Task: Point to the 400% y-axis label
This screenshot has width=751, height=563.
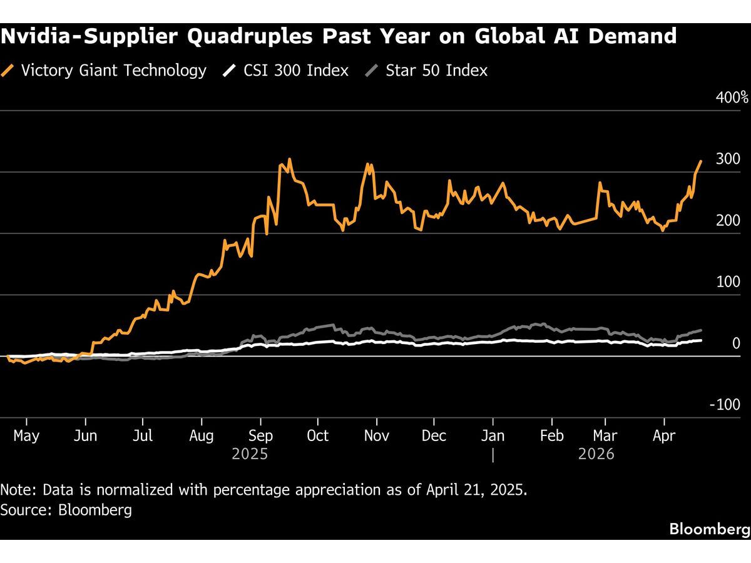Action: pyautogui.click(x=732, y=98)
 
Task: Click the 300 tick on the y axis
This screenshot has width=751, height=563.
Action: pyautogui.click(x=728, y=159)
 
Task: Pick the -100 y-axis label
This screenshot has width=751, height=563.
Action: pyautogui.click(x=725, y=404)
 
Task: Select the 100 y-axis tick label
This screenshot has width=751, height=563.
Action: pyautogui.click(x=728, y=281)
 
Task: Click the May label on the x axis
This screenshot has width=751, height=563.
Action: pyautogui.click(x=26, y=435)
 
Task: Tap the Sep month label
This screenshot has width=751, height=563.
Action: pyautogui.click(x=260, y=435)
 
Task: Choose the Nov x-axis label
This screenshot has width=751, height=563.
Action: pyautogui.click(x=377, y=435)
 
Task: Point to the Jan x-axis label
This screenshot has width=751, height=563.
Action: pyautogui.click(x=493, y=435)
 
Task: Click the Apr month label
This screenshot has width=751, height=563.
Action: pyautogui.click(x=664, y=435)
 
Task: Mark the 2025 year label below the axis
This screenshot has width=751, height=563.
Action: pyautogui.click(x=250, y=454)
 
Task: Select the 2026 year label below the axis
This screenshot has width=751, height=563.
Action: pyautogui.click(x=596, y=454)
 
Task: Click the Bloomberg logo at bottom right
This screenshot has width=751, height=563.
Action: pyautogui.click(x=710, y=529)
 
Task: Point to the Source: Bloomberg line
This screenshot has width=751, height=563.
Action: pyautogui.click(x=66, y=510)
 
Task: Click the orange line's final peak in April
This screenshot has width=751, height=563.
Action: pyautogui.click(x=701, y=161)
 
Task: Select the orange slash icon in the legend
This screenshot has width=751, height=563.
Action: pyautogui.click(x=9, y=70)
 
